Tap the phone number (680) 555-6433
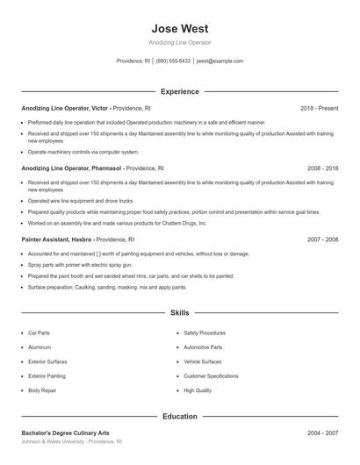tap(174, 61)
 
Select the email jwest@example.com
tap(220, 61)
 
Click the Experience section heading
tap(179, 91)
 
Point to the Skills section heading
tap(179, 312)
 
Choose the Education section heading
tap(179, 417)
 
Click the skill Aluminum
tap(40, 347)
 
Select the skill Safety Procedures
tap(205, 333)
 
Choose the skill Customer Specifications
tap(211, 376)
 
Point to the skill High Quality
tap(198, 390)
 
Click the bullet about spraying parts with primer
tap(79, 265)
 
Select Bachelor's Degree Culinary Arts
tap(66, 433)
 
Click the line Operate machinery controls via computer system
tap(84, 152)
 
